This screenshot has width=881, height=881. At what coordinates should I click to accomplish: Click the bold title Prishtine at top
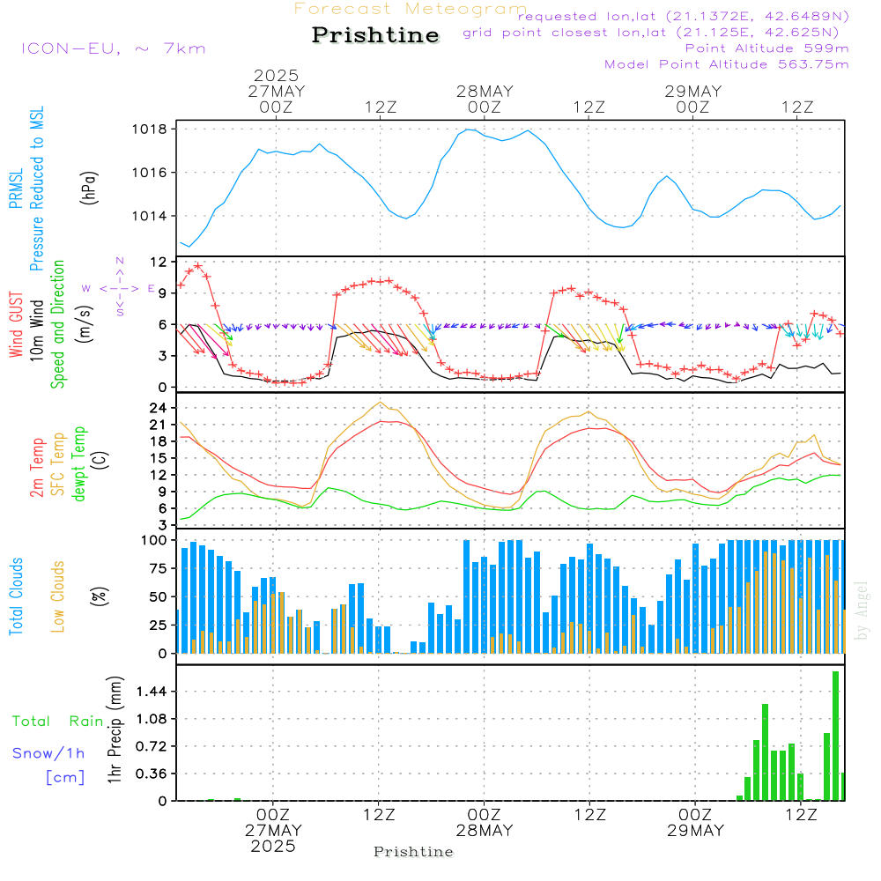click(x=375, y=35)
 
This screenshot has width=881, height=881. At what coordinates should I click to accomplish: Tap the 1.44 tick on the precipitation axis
click(x=153, y=692)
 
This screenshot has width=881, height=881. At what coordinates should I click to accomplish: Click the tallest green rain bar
click(x=835, y=736)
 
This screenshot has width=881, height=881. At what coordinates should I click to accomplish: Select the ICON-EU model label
click(x=113, y=48)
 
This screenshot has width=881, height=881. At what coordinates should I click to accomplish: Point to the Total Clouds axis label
click(x=17, y=596)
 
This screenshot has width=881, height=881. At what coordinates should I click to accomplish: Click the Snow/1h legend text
click(x=49, y=753)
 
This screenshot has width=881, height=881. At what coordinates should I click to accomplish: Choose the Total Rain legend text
click(x=58, y=721)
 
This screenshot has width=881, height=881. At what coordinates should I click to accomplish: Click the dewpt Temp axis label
click(x=79, y=464)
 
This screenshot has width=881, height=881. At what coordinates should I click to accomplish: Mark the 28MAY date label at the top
click(x=485, y=92)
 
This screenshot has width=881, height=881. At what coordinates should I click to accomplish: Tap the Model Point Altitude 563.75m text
click(x=727, y=63)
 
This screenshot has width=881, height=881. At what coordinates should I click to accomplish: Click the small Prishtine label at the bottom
click(x=413, y=852)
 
